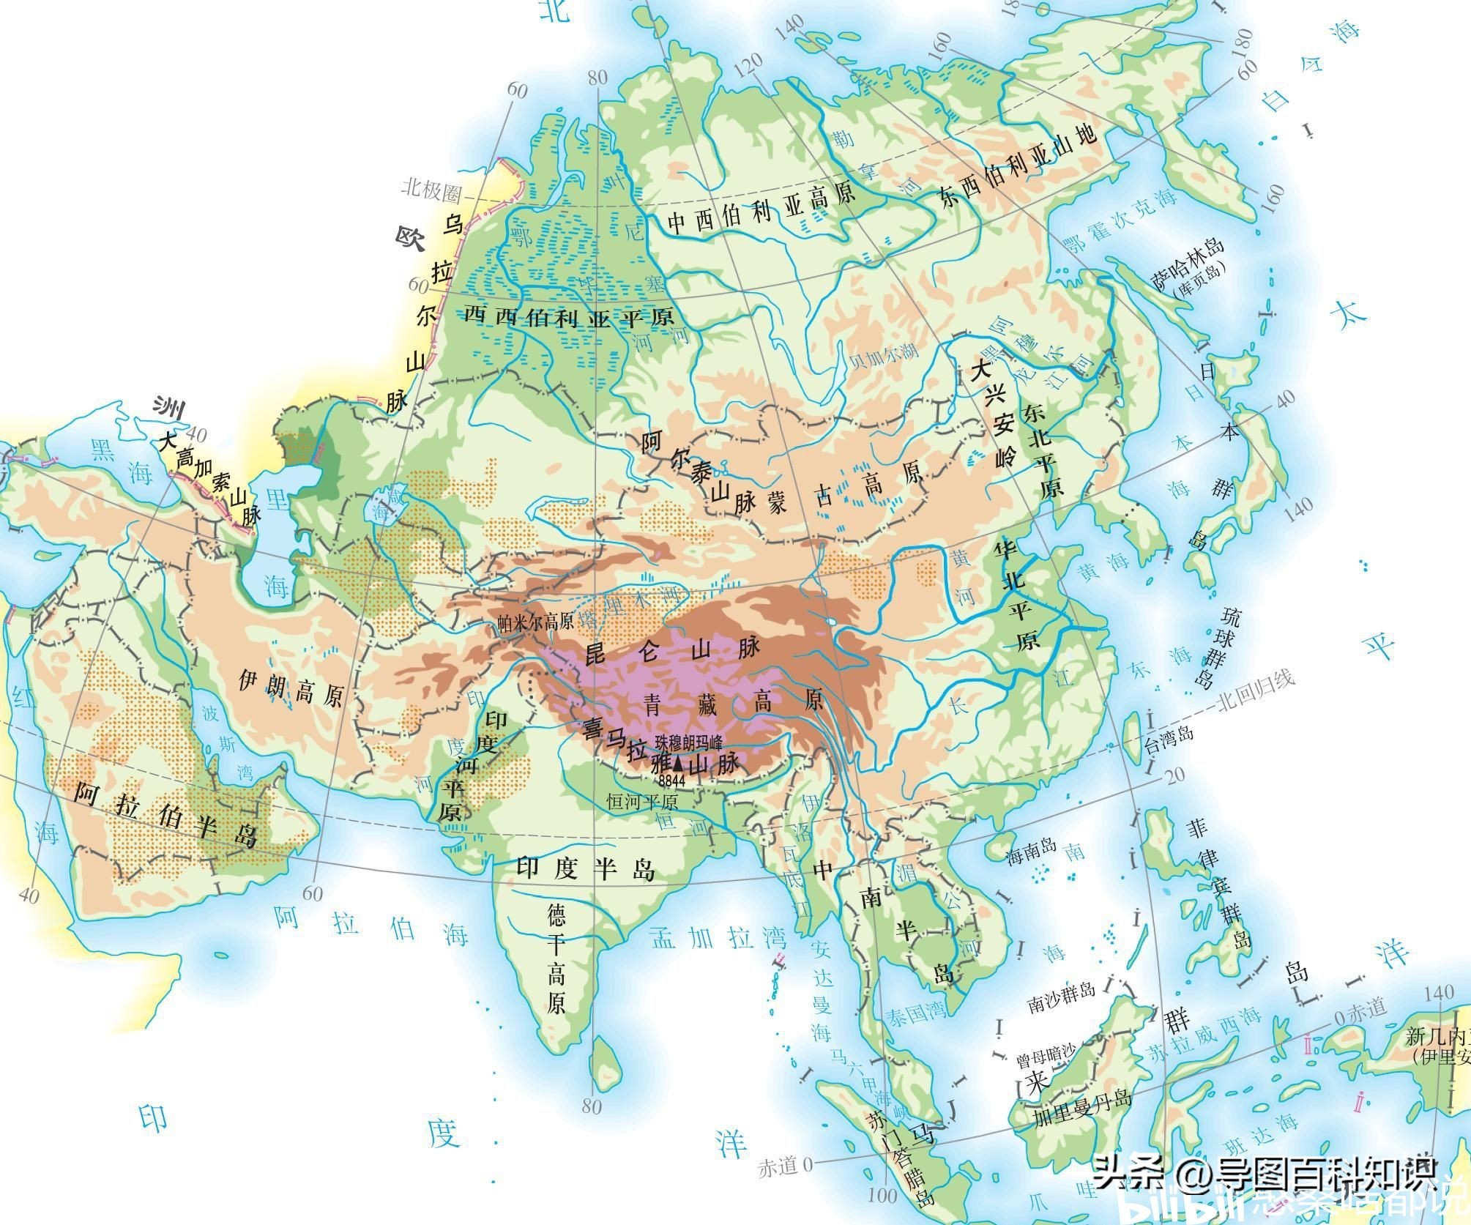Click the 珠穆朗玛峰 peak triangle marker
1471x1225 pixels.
tap(679, 764)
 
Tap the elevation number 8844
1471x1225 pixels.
tap(671, 781)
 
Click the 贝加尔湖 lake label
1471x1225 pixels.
tap(882, 352)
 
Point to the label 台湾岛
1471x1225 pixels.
tap(1169, 734)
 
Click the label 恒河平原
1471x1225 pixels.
tap(642, 802)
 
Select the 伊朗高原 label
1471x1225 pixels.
tap(291, 688)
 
